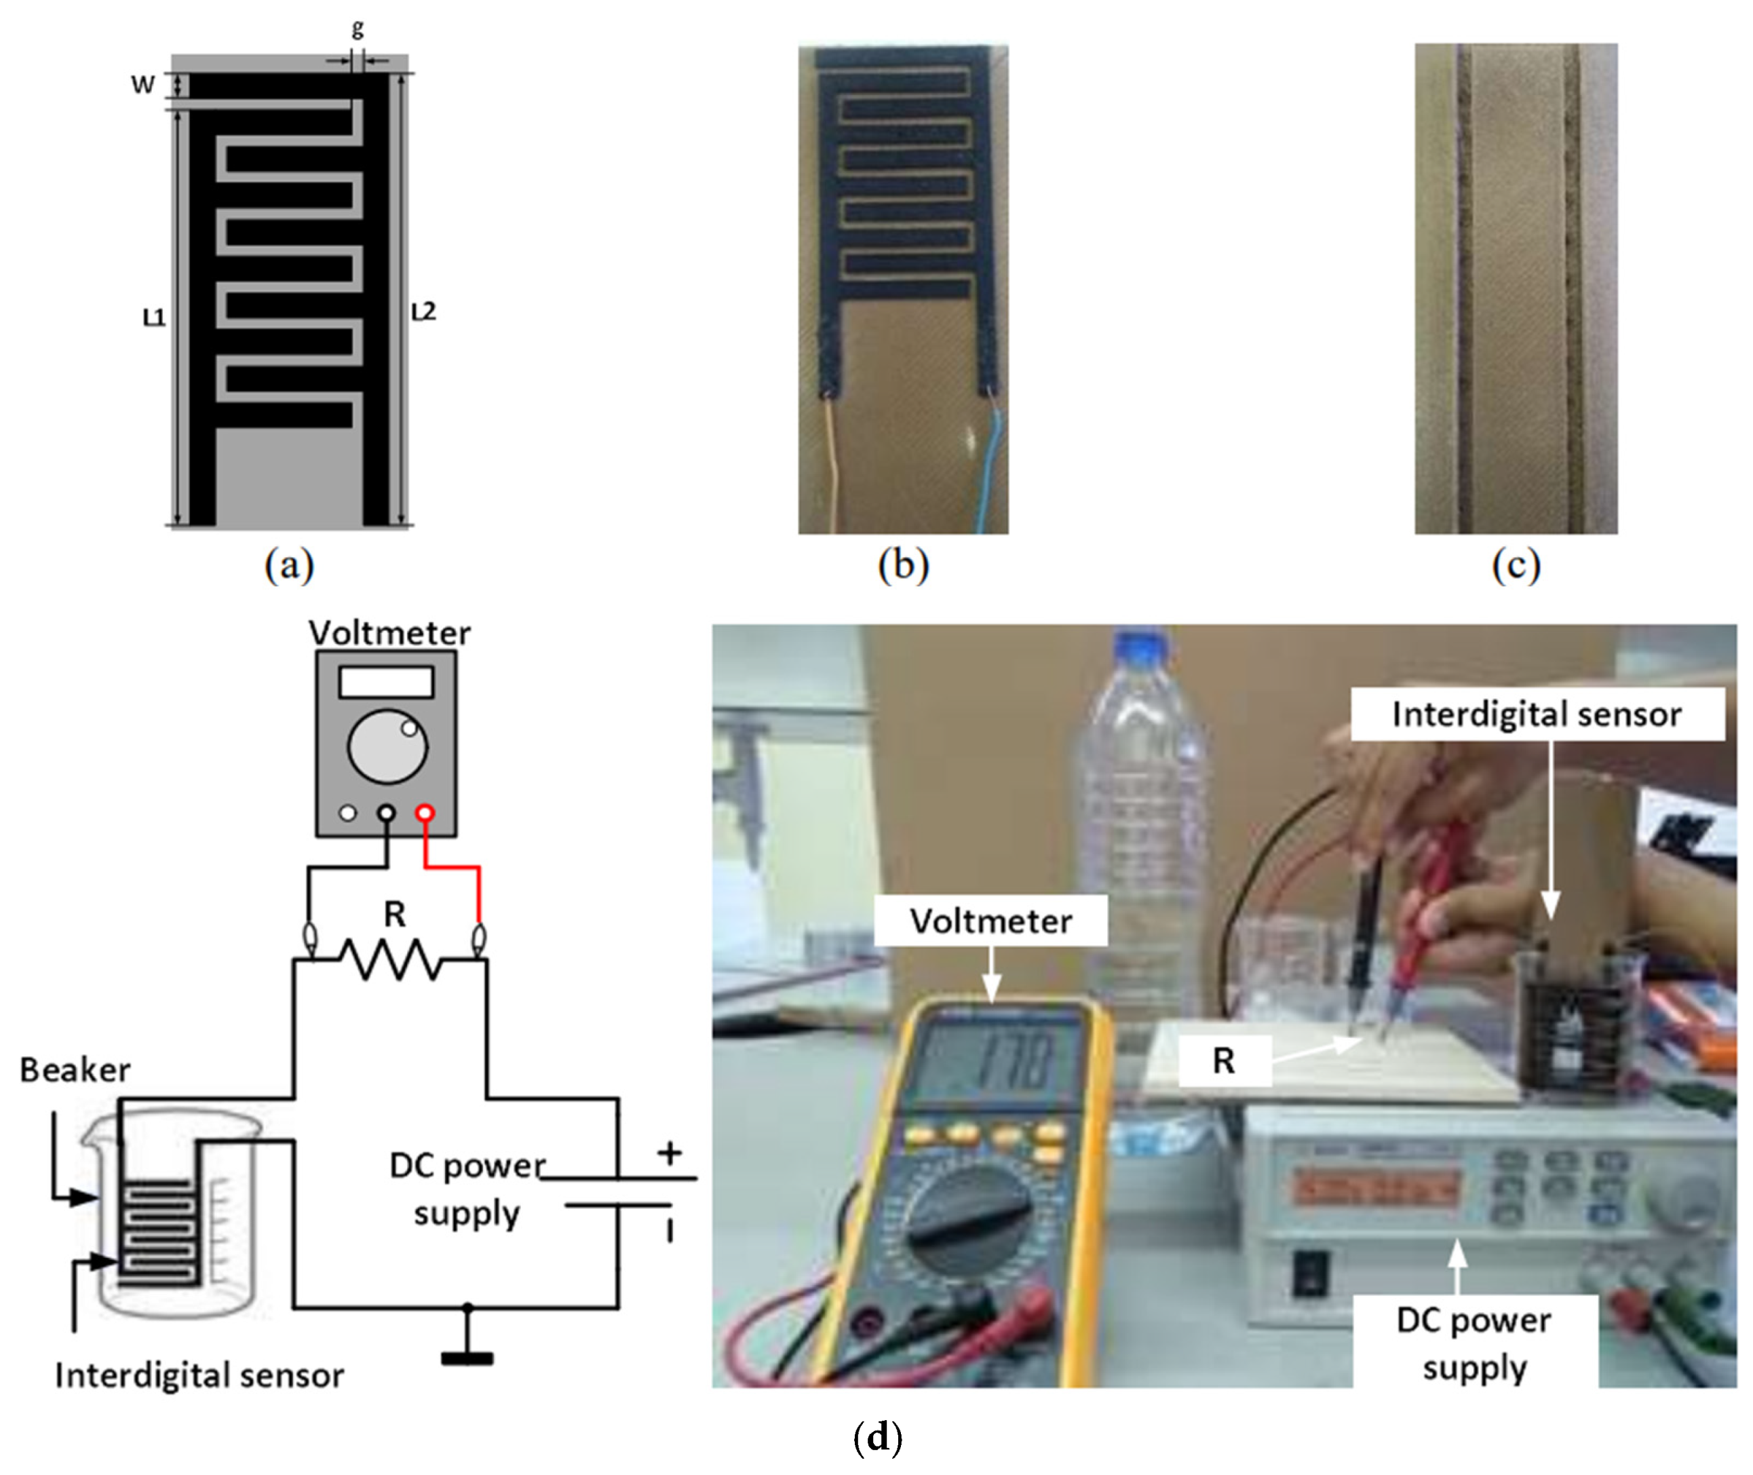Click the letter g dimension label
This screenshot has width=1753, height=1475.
357,28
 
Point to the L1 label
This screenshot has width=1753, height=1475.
154,318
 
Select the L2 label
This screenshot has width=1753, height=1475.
423,312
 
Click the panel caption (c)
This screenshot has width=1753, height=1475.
1516,566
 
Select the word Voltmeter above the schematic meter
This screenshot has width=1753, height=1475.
389,633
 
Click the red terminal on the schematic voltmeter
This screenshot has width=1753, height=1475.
425,812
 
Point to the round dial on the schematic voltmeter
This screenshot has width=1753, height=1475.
387,747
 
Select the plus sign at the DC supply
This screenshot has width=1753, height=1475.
669,1154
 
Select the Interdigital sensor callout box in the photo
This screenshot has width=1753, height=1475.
1537,714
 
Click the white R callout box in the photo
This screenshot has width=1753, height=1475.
1224,1061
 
